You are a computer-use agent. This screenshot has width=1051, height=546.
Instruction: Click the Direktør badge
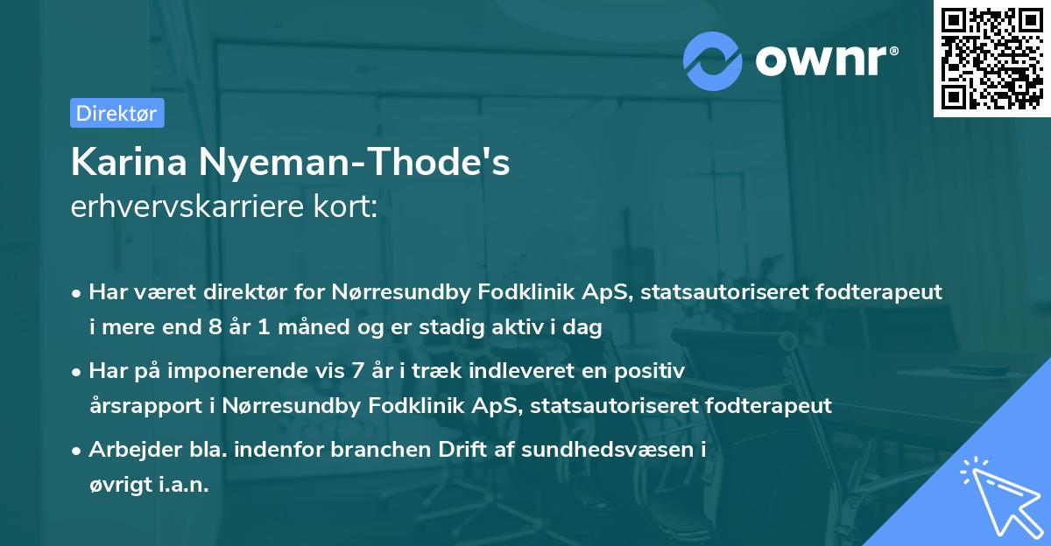(116, 113)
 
